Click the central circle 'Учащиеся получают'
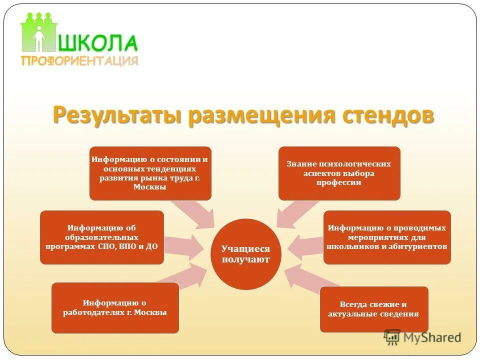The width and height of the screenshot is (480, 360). (246, 254)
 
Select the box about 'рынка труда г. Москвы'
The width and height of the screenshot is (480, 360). (150, 173)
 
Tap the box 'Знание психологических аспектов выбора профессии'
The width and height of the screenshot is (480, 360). (339, 173)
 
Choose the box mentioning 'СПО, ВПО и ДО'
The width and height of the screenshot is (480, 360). (102, 237)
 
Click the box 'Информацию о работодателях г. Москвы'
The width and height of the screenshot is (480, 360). (115, 307)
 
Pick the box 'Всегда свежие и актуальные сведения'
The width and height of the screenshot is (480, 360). (373, 309)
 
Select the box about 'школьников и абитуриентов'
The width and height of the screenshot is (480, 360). (387, 237)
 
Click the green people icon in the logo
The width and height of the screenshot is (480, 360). (38, 32)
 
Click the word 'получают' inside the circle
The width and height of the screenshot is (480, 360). (246, 259)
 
